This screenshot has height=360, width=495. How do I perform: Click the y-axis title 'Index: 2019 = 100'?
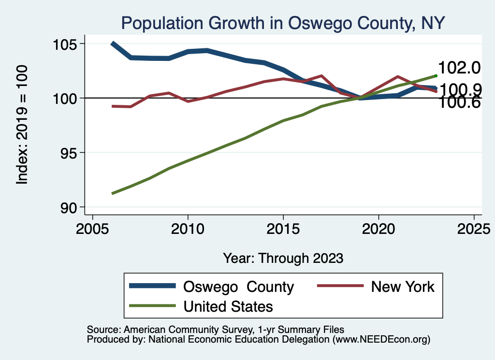tap(22, 125)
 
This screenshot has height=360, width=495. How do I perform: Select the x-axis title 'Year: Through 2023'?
tap(283, 258)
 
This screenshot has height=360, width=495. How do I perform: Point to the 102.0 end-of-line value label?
tap(459, 68)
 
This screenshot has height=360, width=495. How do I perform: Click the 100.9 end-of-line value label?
tap(459, 89)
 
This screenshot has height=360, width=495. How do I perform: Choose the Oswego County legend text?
tap(238, 287)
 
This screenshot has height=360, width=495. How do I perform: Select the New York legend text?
tap(403, 287)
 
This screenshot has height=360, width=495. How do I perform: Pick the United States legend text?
tap(228, 306)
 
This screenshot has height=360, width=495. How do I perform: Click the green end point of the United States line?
tap(436, 75)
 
